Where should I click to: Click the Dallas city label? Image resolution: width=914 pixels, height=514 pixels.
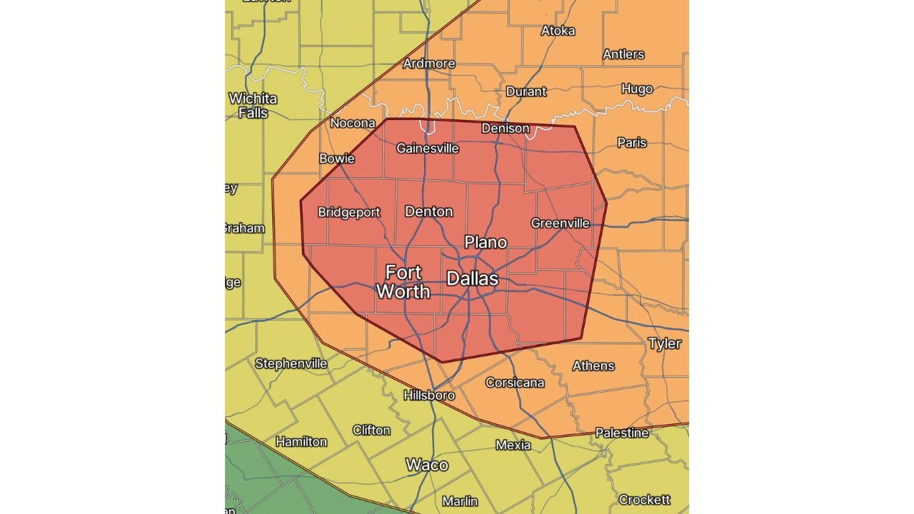(x=472, y=278)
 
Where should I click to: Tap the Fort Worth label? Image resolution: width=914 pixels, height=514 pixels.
(x=403, y=282)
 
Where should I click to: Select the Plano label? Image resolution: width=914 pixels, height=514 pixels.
(x=486, y=242)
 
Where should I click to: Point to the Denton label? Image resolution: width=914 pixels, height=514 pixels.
(x=428, y=211)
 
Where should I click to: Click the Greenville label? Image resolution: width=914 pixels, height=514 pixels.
(x=560, y=223)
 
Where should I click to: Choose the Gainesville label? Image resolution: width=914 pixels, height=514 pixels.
(x=427, y=148)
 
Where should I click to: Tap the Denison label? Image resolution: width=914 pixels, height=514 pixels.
(x=506, y=128)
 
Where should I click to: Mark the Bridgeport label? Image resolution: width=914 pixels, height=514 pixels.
(x=348, y=212)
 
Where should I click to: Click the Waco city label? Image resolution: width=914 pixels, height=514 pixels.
(x=427, y=465)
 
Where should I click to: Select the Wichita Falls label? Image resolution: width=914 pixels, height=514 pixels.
(x=253, y=106)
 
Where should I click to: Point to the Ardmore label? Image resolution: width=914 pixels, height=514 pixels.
(x=429, y=64)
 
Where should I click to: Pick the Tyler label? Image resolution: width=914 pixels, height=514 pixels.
(x=664, y=343)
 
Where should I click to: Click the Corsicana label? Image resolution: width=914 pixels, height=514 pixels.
(x=515, y=383)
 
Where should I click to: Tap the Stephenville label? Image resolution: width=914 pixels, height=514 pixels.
(x=291, y=363)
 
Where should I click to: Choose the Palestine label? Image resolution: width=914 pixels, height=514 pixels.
(x=622, y=433)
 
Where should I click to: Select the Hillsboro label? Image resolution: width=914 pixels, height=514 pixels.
(x=429, y=395)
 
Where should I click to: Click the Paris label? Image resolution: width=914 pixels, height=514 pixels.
(x=631, y=143)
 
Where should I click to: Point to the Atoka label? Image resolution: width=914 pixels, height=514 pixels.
(x=558, y=31)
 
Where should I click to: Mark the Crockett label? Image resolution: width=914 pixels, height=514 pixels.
(x=644, y=500)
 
